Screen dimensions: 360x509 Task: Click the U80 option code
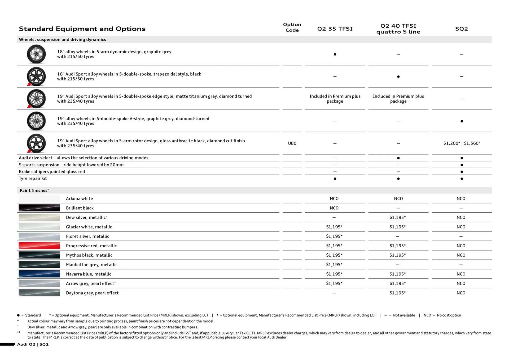[x=292, y=143]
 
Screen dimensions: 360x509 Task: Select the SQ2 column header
[x=461, y=29]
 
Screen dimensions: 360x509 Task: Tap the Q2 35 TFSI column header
[x=335, y=29]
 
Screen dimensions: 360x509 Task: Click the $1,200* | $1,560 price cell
[x=461, y=143]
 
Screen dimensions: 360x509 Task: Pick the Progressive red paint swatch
[x=39, y=245]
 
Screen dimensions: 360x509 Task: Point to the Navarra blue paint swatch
[x=39, y=274]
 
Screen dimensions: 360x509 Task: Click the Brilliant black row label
[x=80, y=208]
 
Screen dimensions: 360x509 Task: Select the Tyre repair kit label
[x=33, y=178]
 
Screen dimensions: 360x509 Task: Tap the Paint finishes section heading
[x=34, y=190]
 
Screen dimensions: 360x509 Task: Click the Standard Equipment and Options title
[x=82, y=29]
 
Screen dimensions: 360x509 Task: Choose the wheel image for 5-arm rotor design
[x=36, y=143]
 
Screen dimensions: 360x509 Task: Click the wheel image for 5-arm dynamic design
[x=36, y=54]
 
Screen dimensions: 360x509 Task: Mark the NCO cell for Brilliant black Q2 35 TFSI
[x=334, y=208]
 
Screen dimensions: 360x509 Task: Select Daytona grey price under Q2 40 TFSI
[x=397, y=293]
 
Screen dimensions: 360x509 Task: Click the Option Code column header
[x=292, y=27]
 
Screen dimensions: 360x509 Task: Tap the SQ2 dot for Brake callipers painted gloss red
[x=462, y=172]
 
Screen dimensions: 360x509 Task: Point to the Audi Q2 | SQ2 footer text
[x=33, y=344]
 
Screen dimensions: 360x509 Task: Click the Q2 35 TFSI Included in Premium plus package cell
[x=335, y=99]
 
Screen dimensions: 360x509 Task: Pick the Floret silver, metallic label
[x=87, y=236]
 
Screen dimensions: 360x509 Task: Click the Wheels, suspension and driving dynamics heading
[x=62, y=39]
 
